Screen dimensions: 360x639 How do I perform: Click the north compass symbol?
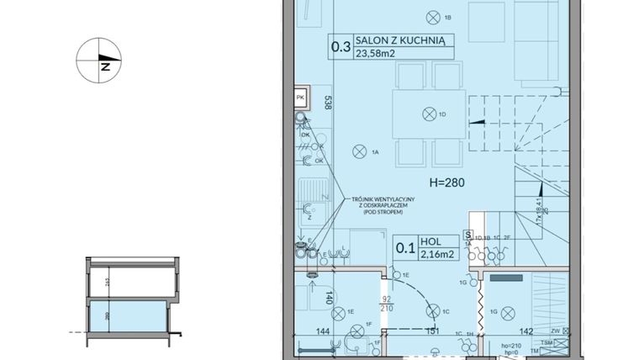pyautogui.click(x=100, y=61)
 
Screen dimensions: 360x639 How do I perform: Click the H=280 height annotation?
pyautogui.click(x=447, y=182)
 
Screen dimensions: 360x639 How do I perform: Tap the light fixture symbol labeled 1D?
pyautogui.click(x=429, y=114)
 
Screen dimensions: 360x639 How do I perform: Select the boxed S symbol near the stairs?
pyautogui.click(x=467, y=236)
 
